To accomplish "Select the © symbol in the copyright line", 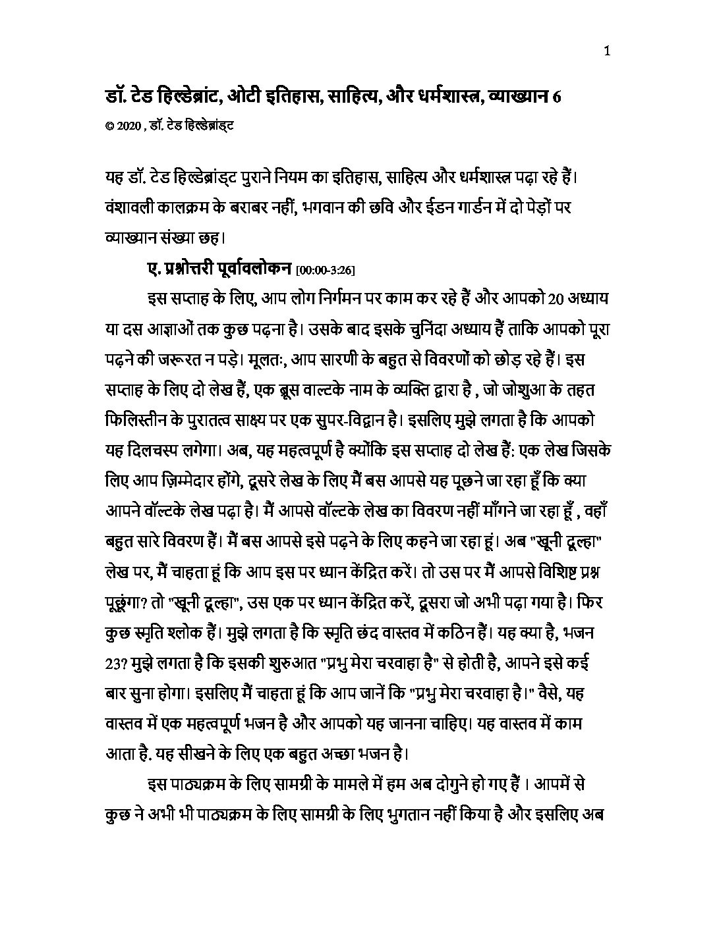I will tap(109, 125).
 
